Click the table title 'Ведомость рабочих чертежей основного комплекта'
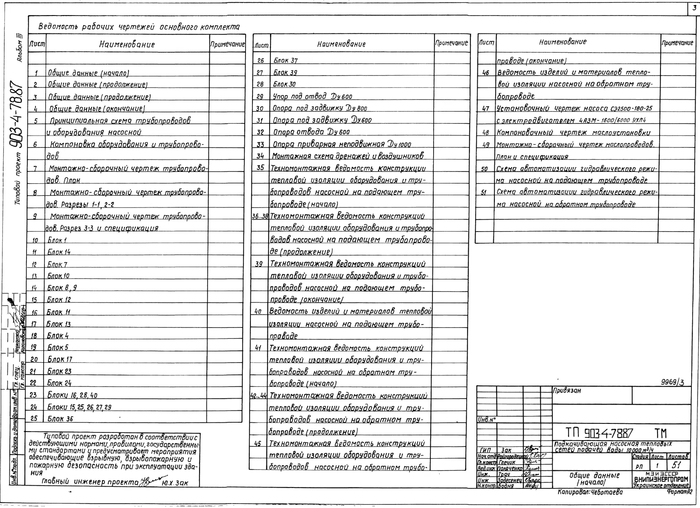click(x=139, y=27)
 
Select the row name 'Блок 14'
click(x=59, y=252)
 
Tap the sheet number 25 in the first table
click(x=34, y=419)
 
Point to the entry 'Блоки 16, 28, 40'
click(x=72, y=395)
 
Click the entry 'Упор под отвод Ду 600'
click(x=312, y=96)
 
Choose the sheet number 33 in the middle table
click(x=260, y=144)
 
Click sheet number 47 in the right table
click(x=485, y=109)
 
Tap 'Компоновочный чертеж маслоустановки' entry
click(x=573, y=132)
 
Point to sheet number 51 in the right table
click(x=484, y=192)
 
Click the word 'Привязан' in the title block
click(x=567, y=390)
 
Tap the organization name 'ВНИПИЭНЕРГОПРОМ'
click(x=661, y=479)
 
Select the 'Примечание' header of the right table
click(x=677, y=42)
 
